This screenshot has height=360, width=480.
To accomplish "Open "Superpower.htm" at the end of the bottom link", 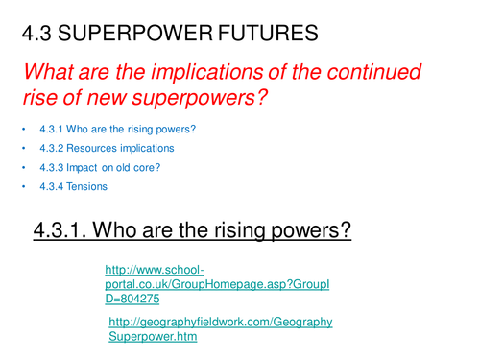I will (153, 338).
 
